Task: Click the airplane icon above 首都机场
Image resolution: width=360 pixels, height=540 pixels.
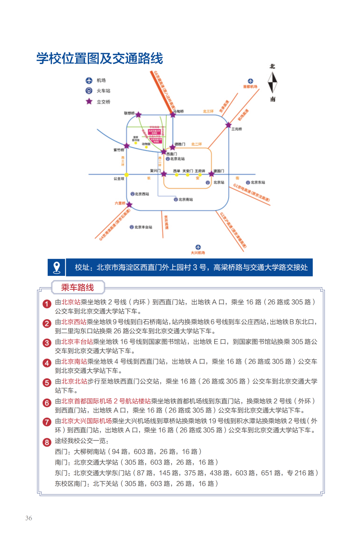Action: point(250,81)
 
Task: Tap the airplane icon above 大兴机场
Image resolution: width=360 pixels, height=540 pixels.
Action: point(198,247)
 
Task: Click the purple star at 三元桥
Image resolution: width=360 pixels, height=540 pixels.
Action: point(228,125)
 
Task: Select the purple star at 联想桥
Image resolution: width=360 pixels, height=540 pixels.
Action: point(138,115)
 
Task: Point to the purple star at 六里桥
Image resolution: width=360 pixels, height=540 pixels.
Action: point(129,204)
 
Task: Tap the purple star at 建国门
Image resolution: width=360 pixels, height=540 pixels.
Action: point(211,174)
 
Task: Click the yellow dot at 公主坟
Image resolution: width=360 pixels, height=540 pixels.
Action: point(126,175)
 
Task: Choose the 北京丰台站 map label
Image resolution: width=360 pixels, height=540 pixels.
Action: point(143,227)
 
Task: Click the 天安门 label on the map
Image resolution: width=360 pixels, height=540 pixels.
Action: point(187,171)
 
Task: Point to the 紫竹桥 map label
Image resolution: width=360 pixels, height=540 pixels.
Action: point(119,150)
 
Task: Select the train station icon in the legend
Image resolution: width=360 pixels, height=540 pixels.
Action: point(89,91)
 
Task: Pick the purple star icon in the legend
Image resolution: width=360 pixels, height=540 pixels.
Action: point(89,101)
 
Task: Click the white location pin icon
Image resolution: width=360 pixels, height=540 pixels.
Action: point(57,267)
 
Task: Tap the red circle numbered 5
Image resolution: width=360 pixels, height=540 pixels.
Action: point(47,383)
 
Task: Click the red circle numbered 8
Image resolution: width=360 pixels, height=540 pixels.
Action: point(47,442)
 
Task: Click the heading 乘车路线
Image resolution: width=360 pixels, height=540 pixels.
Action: point(78,288)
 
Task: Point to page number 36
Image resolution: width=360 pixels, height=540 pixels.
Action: point(29,518)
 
